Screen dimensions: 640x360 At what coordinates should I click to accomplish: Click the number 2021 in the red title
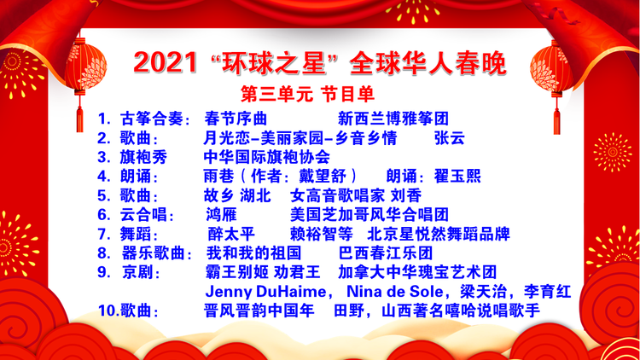pyautogui.click(x=166, y=63)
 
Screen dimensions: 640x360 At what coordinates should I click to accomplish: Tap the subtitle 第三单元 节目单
pyautogui.click(x=307, y=95)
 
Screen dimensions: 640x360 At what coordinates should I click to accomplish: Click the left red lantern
pyautogui.click(x=84, y=67)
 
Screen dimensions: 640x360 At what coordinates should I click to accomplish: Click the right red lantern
pyautogui.click(x=552, y=69)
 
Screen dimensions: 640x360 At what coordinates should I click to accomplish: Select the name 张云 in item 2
pyautogui.click(x=450, y=138)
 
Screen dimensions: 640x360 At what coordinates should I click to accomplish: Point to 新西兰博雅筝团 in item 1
pyautogui.click(x=393, y=119)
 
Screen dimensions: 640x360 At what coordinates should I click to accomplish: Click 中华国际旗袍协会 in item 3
pyautogui.click(x=266, y=157)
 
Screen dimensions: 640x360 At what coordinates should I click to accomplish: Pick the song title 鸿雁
pyautogui.click(x=221, y=215)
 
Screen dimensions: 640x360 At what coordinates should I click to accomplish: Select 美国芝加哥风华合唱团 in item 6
pyautogui.click(x=369, y=215)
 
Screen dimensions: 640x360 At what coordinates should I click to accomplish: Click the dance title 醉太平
pyautogui.click(x=231, y=235)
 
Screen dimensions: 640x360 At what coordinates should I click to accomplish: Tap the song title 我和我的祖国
pyautogui.click(x=253, y=253)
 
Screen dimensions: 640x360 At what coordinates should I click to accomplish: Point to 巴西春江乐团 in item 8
pyautogui.click(x=386, y=253)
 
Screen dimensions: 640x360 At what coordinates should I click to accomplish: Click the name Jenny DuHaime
pyautogui.click(x=265, y=292)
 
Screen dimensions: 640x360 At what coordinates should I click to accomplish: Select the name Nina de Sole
pyautogui.click(x=395, y=292)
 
